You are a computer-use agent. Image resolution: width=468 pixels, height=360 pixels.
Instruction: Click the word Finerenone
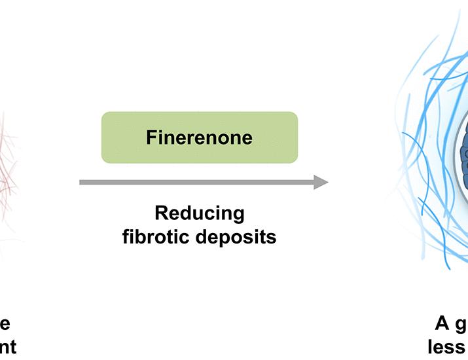click(x=199, y=137)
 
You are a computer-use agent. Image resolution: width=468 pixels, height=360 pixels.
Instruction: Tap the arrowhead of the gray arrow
click(x=321, y=182)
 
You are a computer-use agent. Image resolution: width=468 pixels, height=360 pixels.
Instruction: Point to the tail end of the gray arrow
click(x=82, y=182)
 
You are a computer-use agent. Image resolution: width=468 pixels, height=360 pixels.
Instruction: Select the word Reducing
click(x=199, y=214)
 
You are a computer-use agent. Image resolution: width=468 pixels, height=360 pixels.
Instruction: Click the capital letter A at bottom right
click(x=443, y=323)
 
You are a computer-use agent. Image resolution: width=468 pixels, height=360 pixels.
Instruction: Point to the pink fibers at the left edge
click(x=8, y=164)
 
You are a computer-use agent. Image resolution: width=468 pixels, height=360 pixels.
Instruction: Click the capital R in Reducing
click(x=160, y=213)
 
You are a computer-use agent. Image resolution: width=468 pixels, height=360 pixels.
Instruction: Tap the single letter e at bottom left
click(x=5, y=323)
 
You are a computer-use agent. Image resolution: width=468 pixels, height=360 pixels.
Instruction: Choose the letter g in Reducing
click(x=238, y=216)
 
